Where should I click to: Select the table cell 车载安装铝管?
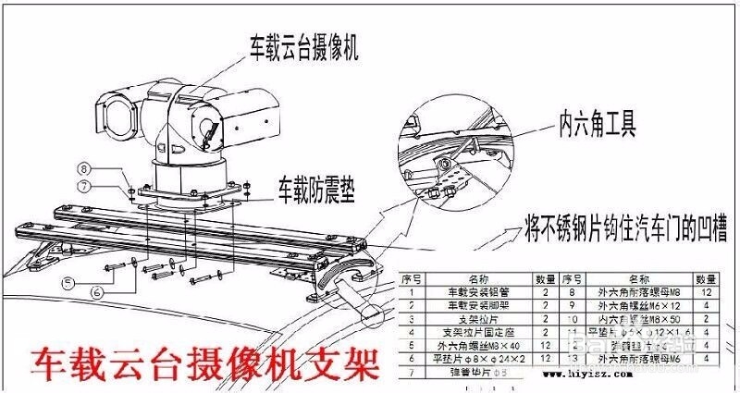[477, 290]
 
